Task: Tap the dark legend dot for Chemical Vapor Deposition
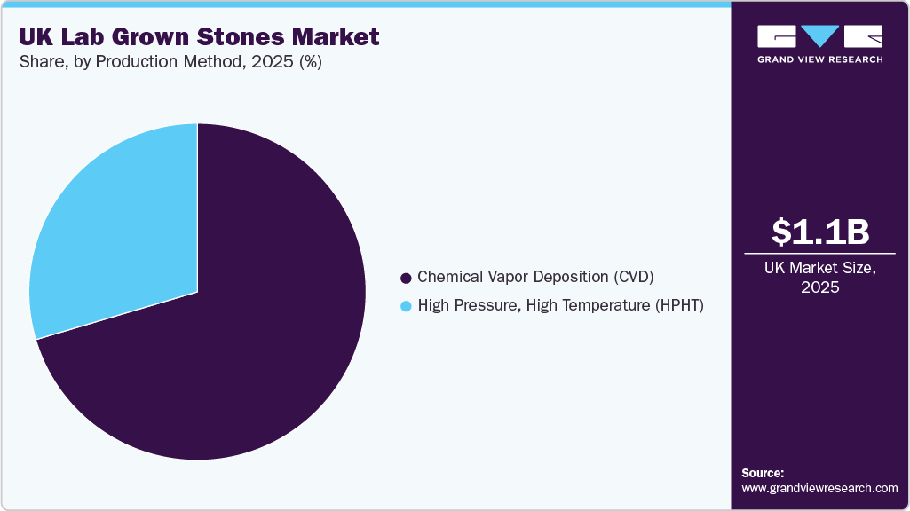[407, 278]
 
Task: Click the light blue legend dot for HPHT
[407, 306]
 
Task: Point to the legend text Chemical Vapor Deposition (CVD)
[535, 277]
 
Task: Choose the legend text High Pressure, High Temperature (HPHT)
[560, 306]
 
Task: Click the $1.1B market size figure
[819, 232]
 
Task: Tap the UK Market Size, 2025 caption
[819, 277]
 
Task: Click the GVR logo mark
[819, 36]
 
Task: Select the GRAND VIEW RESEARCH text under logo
[819, 59]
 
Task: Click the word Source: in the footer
[763, 473]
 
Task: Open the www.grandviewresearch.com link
[819, 488]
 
